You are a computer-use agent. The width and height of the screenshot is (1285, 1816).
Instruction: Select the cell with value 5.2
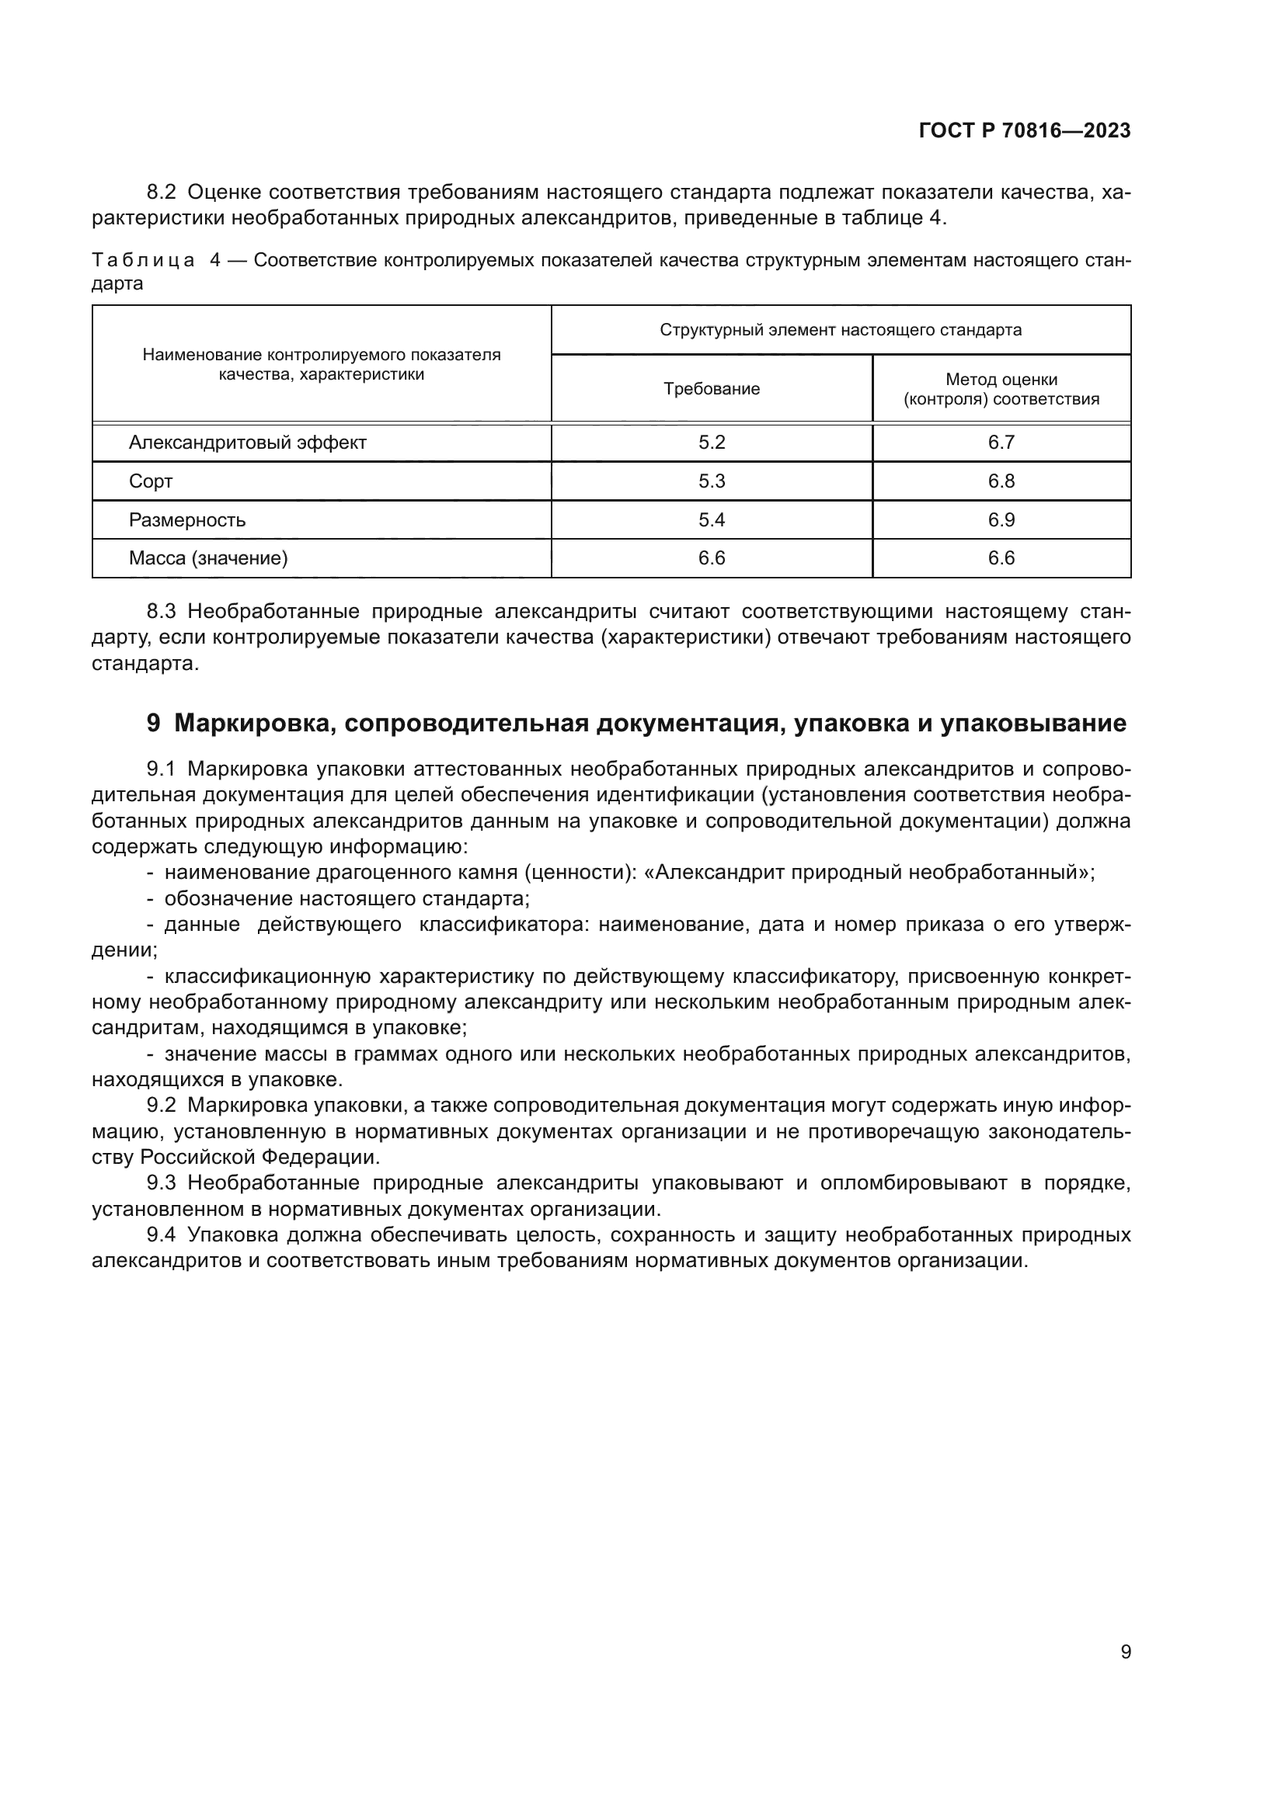click(712, 443)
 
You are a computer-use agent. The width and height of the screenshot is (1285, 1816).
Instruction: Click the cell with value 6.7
click(1001, 443)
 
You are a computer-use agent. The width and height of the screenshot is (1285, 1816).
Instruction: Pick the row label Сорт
click(151, 481)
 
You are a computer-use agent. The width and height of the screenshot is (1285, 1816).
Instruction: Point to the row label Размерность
click(186, 520)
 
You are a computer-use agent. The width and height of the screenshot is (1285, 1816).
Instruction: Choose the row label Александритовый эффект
click(247, 443)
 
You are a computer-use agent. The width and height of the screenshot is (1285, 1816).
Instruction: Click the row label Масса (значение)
click(208, 558)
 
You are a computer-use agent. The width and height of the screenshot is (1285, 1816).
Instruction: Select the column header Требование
click(712, 389)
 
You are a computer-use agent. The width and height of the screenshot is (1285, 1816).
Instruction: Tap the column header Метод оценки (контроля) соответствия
click(1001, 389)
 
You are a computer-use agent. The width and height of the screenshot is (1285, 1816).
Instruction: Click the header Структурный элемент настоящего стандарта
click(841, 330)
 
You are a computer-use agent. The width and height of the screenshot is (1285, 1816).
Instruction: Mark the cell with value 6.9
click(1001, 520)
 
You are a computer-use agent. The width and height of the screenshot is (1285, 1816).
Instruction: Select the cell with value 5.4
click(712, 520)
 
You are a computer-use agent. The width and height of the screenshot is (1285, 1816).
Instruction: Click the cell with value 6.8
click(1001, 481)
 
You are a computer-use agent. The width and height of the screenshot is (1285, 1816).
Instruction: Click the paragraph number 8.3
click(162, 611)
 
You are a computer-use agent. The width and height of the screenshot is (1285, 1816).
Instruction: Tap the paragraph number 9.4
click(162, 1235)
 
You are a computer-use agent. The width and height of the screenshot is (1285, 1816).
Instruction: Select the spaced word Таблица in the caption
click(142, 261)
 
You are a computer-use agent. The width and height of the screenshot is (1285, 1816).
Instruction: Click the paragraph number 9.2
click(162, 1106)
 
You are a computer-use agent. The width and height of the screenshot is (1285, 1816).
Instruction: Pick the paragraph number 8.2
click(162, 193)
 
